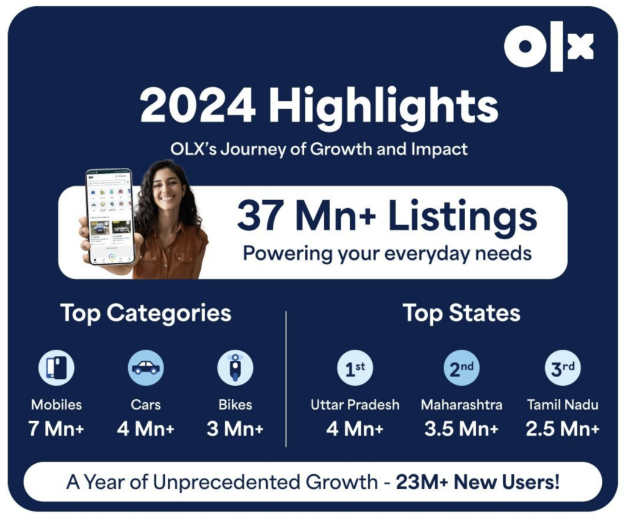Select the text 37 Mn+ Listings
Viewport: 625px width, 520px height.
coord(387,217)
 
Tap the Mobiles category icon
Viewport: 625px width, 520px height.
coord(56,368)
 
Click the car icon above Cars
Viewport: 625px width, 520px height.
coord(146,367)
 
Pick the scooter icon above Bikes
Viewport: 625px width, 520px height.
coord(235,367)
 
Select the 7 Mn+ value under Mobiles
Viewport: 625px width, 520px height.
coord(56,428)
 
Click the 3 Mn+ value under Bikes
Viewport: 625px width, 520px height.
coord(235,428)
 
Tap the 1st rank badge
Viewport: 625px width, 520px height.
coord(355,369)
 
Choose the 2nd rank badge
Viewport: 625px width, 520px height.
coord(461,369)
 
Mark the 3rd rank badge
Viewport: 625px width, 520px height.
coord(562,369)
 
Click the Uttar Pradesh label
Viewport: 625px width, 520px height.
coord(355,405)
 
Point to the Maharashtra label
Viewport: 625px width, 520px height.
coord(461,405)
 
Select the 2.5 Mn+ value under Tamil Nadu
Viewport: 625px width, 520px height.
coord(562,428)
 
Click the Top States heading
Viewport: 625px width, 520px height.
coord(461,313)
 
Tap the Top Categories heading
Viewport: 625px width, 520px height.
coord(146,313)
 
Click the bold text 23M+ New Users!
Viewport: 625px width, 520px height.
coord(477,482)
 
